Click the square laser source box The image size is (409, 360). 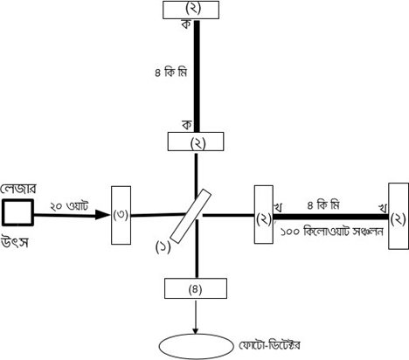coord(17,212)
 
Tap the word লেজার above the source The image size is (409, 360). coord(18,190)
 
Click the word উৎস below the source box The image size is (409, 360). coord(15,242)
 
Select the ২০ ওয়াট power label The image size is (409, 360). coord(69,206)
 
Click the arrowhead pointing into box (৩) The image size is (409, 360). coord(102,215)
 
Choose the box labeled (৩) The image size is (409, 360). coord(121,215)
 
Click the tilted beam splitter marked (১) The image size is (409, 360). coord(191,216)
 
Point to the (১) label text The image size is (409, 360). coord(163,247)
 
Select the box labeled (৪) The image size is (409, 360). coord(196,288)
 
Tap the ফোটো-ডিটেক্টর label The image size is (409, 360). coord(269,345)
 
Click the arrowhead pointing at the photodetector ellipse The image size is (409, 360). coord(196,331)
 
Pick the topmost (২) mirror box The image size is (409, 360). coord(191,10)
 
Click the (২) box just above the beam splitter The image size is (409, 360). coord(196,142)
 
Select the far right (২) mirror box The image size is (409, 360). coord(399,216)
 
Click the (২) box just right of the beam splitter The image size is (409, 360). coord(264,214)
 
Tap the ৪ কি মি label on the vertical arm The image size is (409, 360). coord(170,73)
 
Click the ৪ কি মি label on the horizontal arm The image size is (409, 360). coord(323,205)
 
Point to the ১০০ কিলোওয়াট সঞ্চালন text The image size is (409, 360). coord(332,232)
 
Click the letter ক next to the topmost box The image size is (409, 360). coord(186,24)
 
